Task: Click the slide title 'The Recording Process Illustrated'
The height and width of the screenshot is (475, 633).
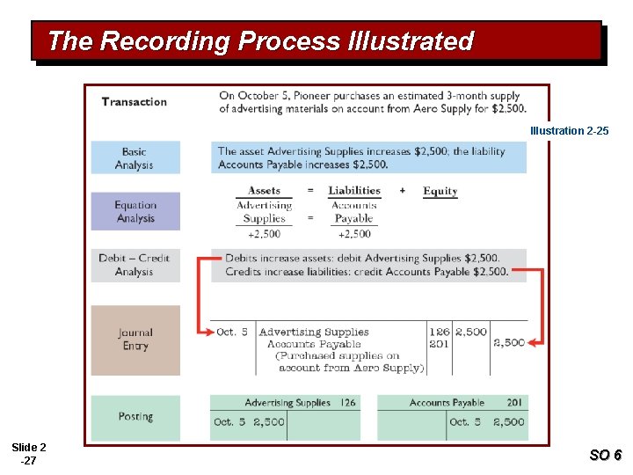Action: coord(260,41)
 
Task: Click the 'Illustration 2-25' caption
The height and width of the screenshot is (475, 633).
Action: coord(569,131)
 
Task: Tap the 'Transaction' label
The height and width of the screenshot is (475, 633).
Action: coord(134,102)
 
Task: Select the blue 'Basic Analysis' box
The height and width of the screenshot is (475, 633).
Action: coord(135,158)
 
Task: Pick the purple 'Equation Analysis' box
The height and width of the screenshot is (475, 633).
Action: coord(135,212)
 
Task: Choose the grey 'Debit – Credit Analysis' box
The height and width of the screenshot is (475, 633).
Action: coord(135,265)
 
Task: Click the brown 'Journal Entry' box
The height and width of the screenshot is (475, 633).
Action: coord(135,340)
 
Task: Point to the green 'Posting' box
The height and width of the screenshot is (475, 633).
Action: coord(135,417)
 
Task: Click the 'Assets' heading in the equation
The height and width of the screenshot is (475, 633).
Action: coord(264,191)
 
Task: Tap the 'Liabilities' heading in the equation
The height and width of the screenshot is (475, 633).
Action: coord(354,191)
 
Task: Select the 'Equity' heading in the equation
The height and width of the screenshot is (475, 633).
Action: coord(440,191)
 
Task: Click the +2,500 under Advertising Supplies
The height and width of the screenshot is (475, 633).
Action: coord(264,234)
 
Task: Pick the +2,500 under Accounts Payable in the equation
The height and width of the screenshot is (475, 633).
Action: coord(353,234)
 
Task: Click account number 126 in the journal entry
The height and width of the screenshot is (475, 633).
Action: coord(440,332)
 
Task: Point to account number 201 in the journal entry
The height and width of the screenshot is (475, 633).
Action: coord(440,344)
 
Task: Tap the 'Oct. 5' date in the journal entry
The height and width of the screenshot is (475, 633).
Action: coord(232,332)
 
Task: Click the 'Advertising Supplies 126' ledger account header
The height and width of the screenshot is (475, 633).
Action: coord(300,403)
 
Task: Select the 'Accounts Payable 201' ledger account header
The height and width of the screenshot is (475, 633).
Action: coord(466,403)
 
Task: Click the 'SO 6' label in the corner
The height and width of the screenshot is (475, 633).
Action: coord(605,455)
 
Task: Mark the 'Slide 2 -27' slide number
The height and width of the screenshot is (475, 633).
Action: coord(29,454)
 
